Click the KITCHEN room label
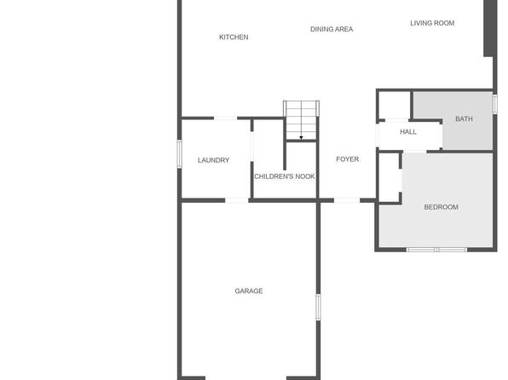click(x=234, y=37)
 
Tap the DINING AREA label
click(x=332, y=29)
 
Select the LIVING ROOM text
click(x=432, y=23)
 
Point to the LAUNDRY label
click(x=213, y=160)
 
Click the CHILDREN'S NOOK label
click(x=284, y=176)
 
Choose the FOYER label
click(x=347, y=159)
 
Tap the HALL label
click(x=408, y=132)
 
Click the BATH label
click(x=464, y=119)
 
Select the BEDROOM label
click(x=441, y=207)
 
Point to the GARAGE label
click(x=249, y=291)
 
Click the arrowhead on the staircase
click(x=301, y=138)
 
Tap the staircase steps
click(x=301, y=120)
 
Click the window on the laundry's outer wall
click(x=179, y=154)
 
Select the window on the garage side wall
click(x=318, y=307)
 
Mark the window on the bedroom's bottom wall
click(x=436, y=250)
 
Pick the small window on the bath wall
click(x=494, y=104)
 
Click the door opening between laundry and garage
click(x=237, y=201)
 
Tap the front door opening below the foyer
click(x=347, y=201)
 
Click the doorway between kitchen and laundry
click(x=226, y=118)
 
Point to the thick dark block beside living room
click(x=490, y=28)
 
